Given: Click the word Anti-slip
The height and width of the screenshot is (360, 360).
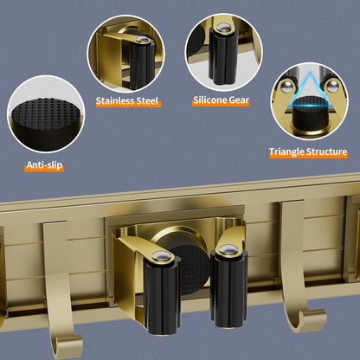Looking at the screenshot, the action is point(44,165).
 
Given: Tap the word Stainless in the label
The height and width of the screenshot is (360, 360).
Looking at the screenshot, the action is point(115,101).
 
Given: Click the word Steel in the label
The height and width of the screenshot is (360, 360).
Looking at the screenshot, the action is point(148,101).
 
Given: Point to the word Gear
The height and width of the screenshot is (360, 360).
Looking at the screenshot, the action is point(239,100).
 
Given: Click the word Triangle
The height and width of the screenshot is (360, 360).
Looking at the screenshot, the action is point(286,151).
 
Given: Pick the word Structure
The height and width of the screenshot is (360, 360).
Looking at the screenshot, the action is point(326,151).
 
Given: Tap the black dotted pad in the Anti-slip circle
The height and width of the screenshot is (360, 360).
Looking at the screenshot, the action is point(46,114).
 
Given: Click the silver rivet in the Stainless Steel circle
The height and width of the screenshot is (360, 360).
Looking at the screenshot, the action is point(143,40).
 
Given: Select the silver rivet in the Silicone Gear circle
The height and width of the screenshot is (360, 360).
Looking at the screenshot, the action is point(222,28).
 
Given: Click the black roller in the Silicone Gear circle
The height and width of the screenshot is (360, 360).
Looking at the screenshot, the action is point(223,56).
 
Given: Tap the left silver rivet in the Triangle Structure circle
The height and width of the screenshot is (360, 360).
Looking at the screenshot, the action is point(286,87).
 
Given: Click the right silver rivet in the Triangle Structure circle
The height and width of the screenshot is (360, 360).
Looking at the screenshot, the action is point(332,86).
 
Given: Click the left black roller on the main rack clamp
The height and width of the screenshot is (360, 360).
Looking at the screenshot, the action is point(162,296).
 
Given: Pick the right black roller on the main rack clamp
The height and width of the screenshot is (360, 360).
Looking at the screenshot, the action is point(229,288).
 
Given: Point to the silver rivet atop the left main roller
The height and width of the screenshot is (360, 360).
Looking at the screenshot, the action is point(162,255).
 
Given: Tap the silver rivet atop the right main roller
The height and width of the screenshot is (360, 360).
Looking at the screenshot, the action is point(228,248).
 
